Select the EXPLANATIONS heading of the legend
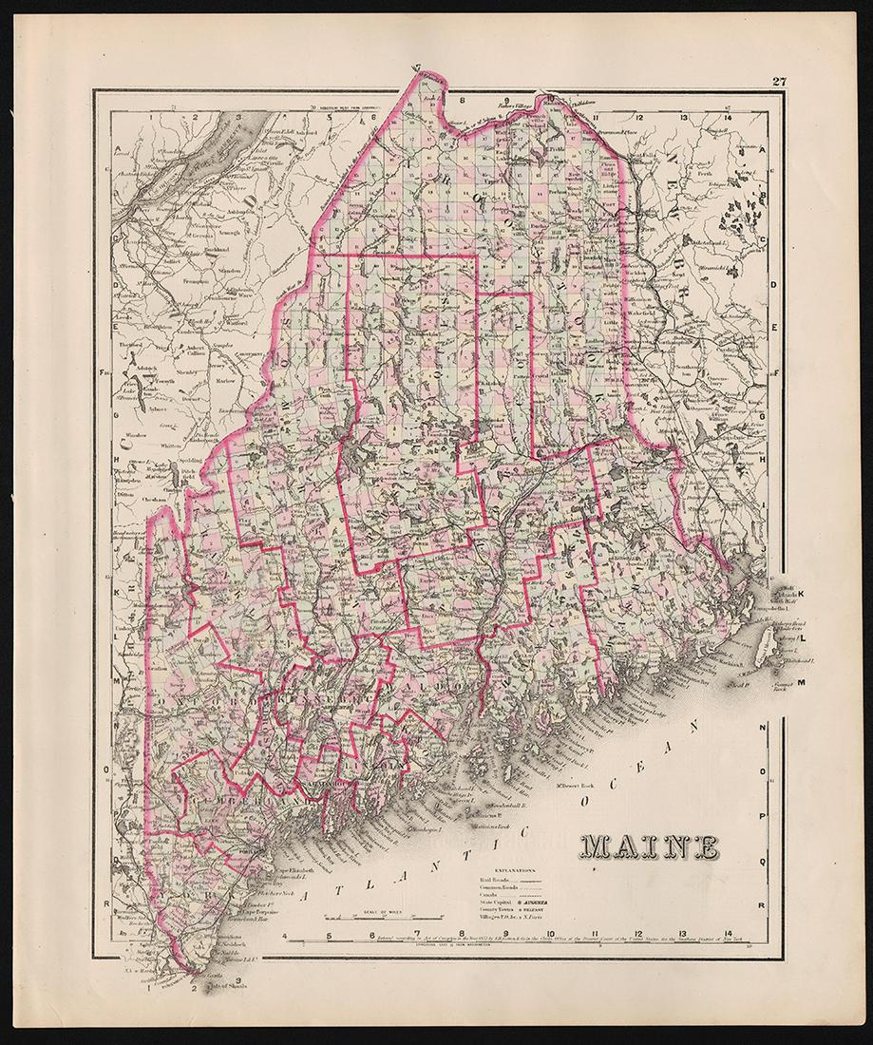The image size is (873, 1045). [500, 869]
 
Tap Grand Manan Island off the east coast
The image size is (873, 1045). [764, 648]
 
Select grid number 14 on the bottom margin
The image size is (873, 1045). [728, 935]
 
